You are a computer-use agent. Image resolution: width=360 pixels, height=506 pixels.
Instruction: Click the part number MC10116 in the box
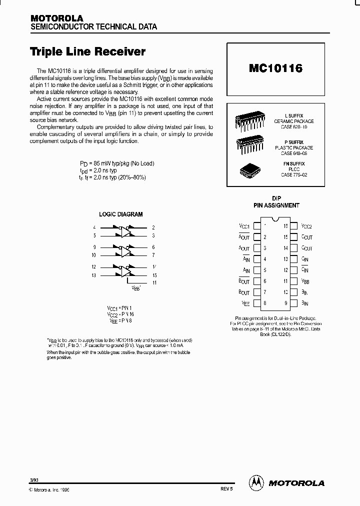[275, 68]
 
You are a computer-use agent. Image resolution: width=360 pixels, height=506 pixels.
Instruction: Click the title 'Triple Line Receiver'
[87, 51]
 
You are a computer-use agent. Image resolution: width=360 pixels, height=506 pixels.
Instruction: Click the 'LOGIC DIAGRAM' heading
[120, 214]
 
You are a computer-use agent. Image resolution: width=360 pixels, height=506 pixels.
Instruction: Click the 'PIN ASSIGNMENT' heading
[276, 205]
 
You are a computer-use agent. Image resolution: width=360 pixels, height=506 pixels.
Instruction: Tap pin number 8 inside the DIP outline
[265, 303]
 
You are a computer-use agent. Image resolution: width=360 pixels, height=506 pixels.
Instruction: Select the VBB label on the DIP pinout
[305, 281]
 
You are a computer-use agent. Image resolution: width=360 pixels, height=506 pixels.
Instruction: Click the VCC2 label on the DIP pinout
[306, 226]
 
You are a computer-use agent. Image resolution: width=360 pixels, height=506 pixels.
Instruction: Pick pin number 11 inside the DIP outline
[285, 281]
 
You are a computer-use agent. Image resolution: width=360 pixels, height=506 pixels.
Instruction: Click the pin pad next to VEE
[257, 303]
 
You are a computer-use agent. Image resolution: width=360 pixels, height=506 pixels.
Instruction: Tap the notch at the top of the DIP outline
[275, 219]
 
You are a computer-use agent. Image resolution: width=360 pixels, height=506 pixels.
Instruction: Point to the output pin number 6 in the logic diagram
[153, 247]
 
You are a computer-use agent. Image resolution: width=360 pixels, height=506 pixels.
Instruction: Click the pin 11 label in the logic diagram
[154, 283]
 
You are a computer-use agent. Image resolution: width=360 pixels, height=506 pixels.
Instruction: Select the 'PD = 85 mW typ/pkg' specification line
[117, 163]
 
